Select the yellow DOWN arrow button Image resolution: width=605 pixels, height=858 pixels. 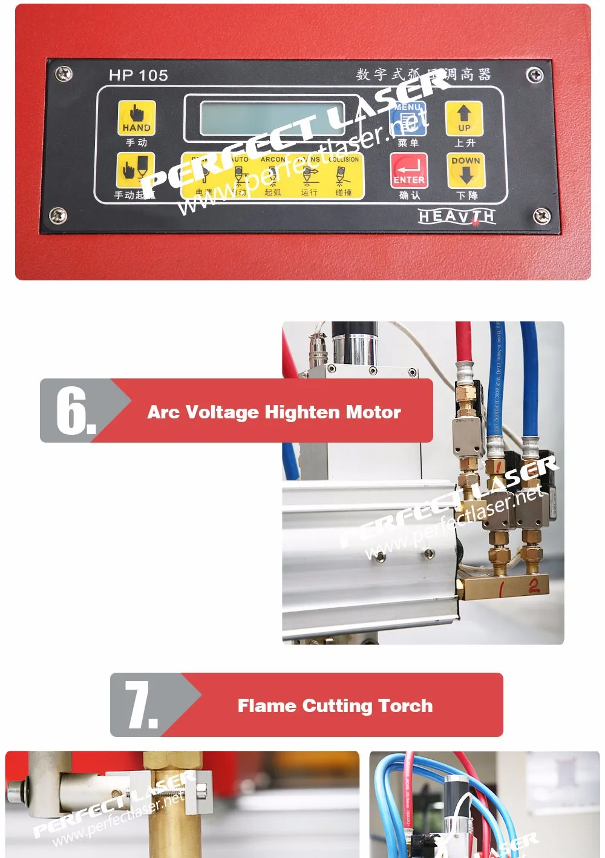pos(465,170)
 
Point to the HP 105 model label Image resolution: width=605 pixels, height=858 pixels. pos(139,76)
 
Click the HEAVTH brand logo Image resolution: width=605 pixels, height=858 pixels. pos(457,216)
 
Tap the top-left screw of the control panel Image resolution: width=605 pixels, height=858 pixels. pos(64,74)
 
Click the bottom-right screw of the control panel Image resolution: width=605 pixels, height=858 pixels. pos(541,216)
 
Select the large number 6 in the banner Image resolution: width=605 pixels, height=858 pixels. pos(74,411)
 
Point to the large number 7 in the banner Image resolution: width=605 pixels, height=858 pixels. pos(140,705)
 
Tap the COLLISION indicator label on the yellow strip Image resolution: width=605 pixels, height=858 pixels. pos(344,160)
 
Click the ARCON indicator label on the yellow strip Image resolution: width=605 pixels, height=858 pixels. pos(273,160)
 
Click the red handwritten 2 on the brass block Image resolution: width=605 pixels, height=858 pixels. pos(534,586)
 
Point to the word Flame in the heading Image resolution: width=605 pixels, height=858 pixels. pos(267,706)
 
